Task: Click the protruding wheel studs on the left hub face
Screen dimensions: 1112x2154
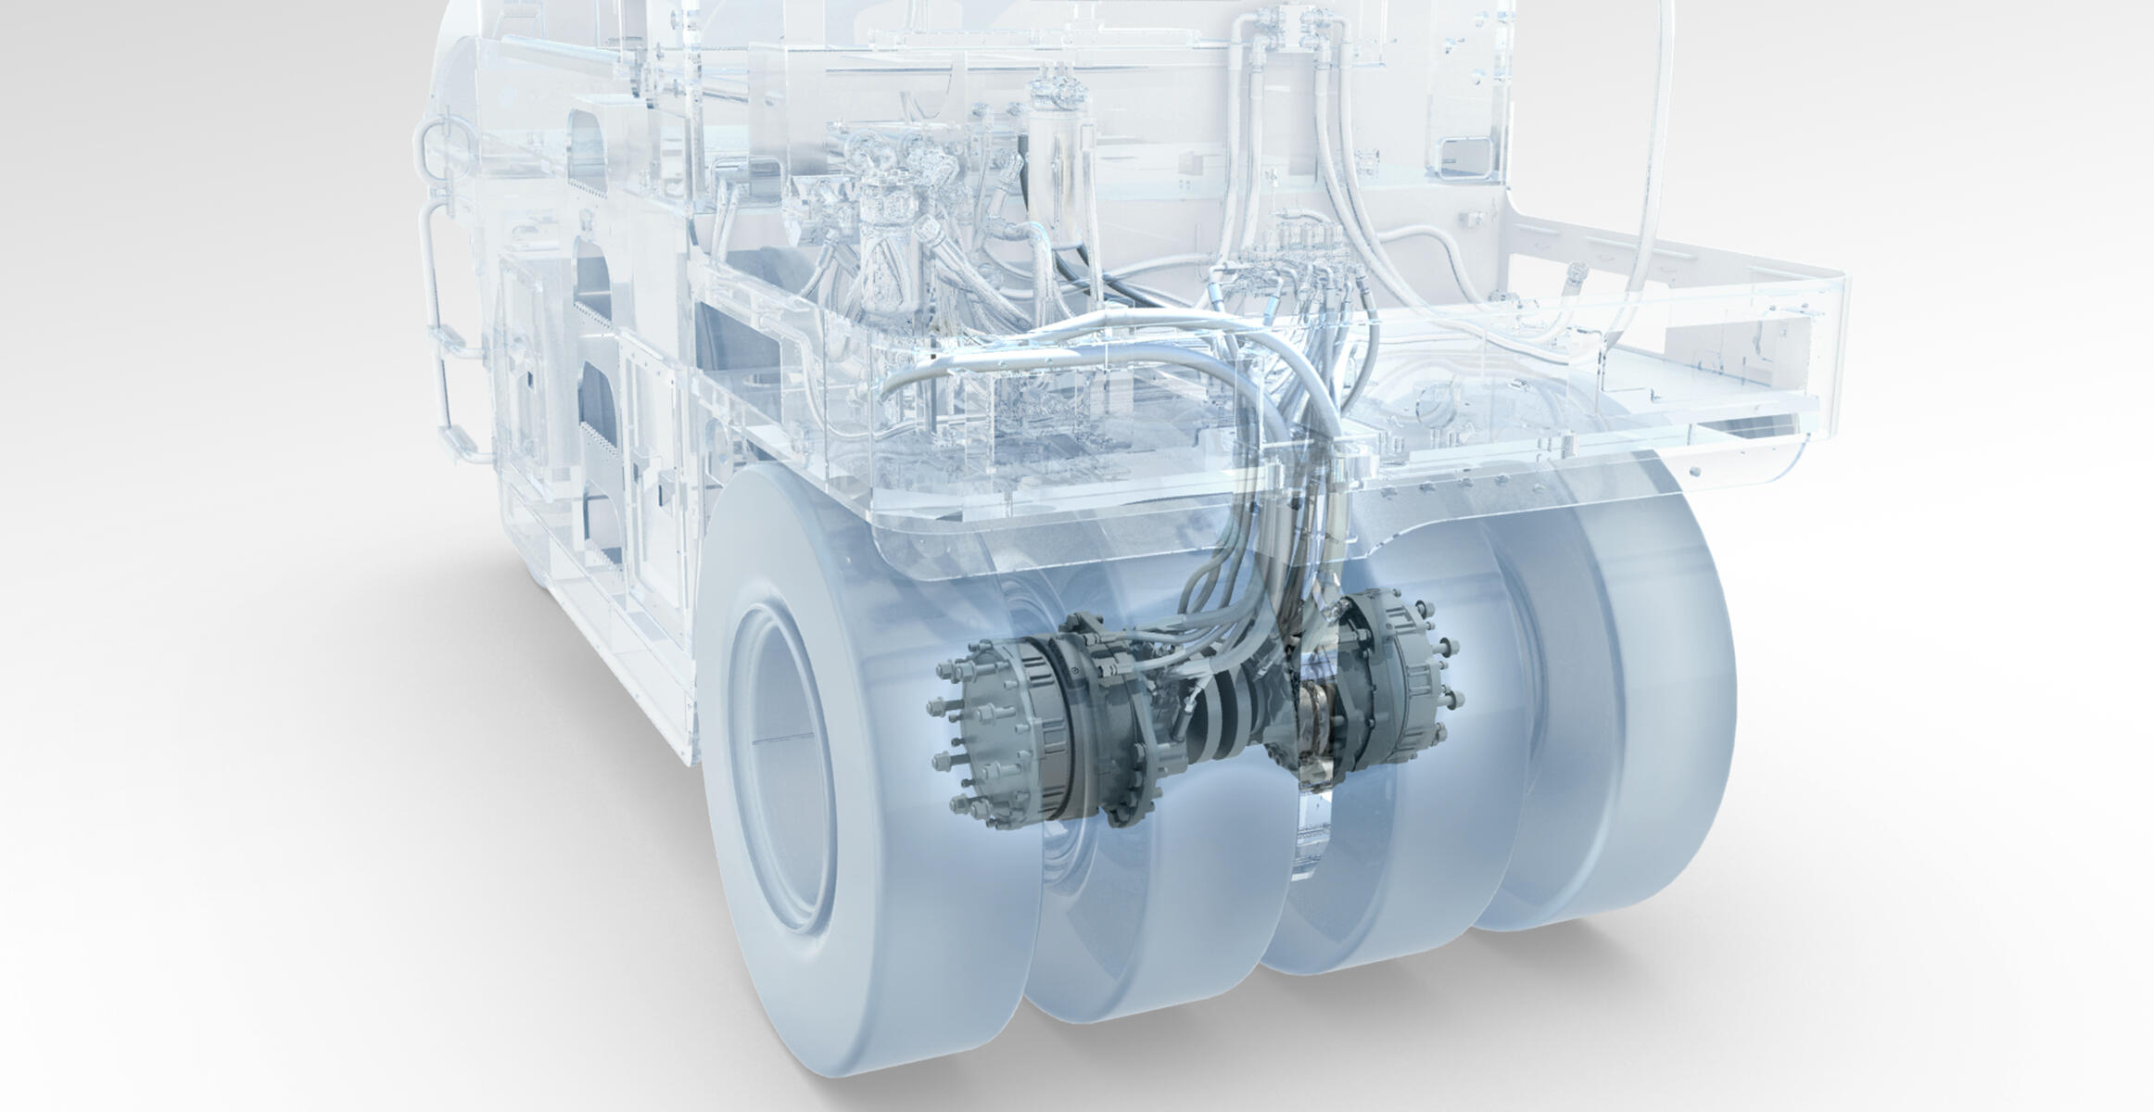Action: pos(955,732)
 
